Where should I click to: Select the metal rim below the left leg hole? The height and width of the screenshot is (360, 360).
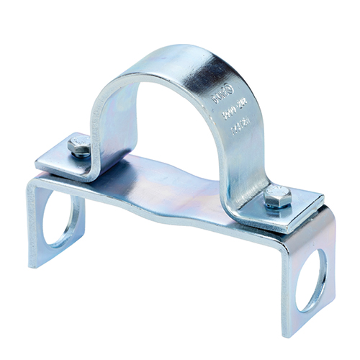[x=59, y=248]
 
